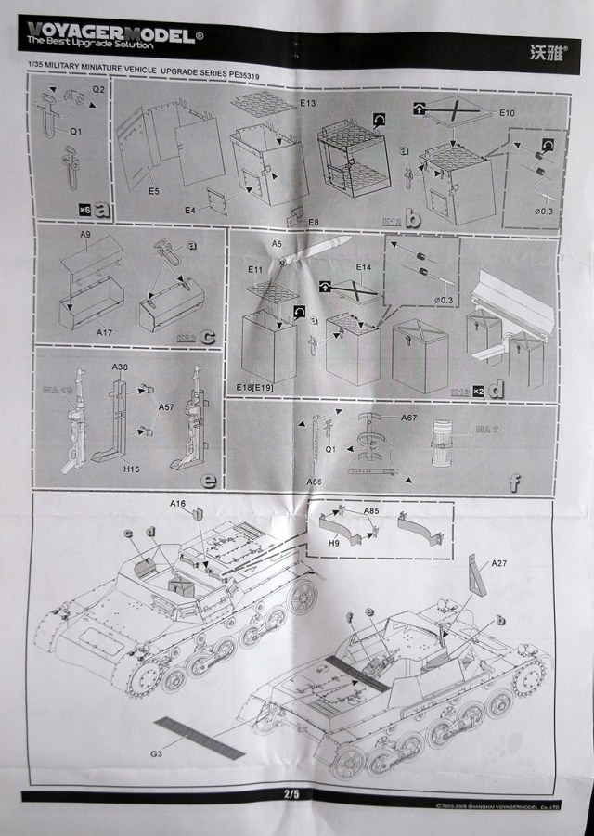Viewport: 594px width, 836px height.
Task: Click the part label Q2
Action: click(97, 91)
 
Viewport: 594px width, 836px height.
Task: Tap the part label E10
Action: click(507, 112)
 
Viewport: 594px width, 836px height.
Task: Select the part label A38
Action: click(120, 367)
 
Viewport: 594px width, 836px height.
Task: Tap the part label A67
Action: click(408, 418)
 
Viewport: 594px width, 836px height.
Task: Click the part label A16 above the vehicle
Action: click(179, 502)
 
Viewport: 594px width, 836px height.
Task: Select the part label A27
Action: click(499, 563)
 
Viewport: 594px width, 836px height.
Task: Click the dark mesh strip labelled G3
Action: click(200, 738)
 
